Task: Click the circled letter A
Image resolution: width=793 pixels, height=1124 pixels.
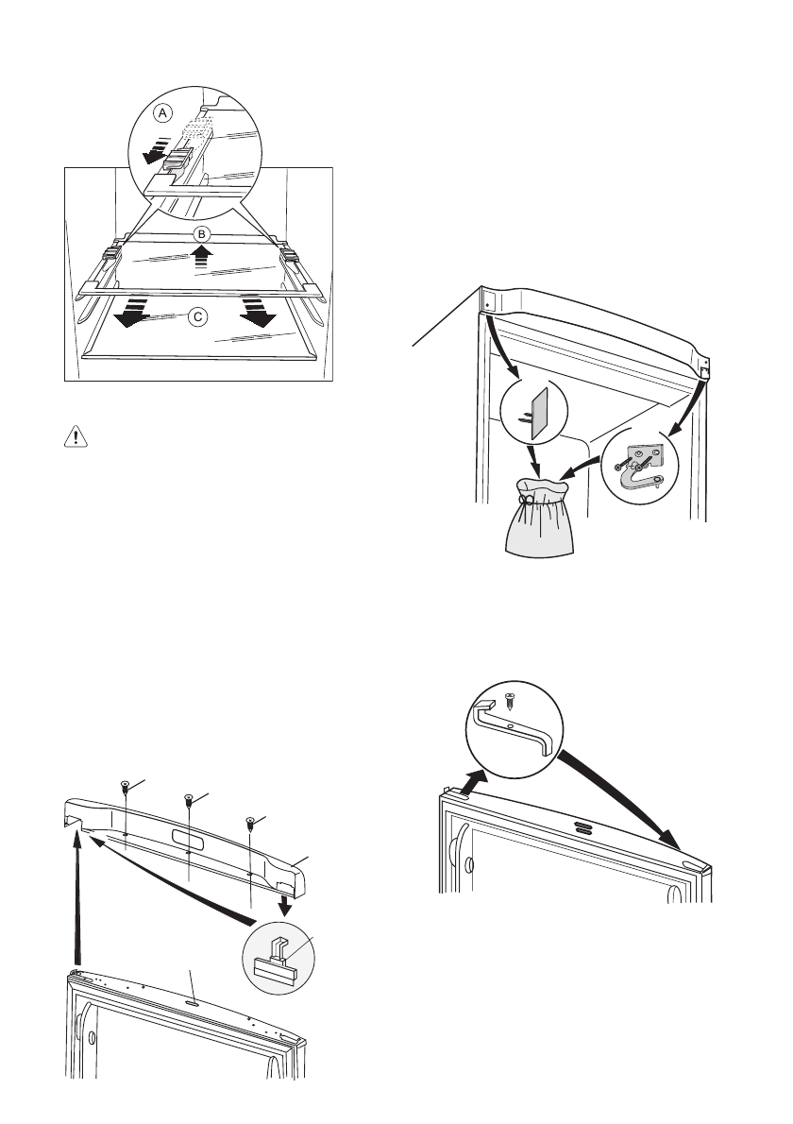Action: tap(163, 112)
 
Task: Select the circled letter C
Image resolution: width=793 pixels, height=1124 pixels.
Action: tap(197, 317)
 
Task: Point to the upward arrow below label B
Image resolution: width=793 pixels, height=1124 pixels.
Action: tap(199, 258)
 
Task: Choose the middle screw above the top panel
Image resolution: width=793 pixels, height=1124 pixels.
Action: tap(189, 802)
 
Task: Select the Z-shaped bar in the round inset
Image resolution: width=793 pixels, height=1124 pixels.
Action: tap(515, 731)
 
